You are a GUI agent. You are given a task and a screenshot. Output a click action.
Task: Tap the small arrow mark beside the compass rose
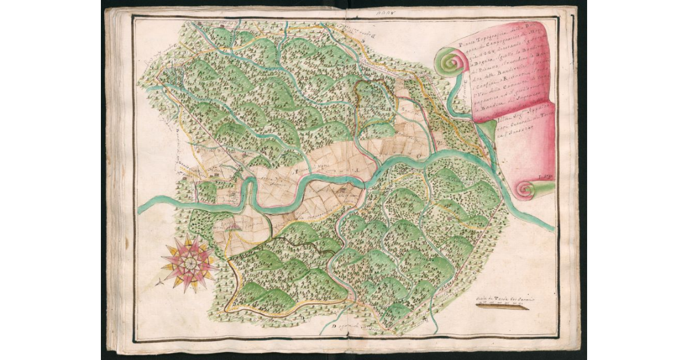point(158,281)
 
